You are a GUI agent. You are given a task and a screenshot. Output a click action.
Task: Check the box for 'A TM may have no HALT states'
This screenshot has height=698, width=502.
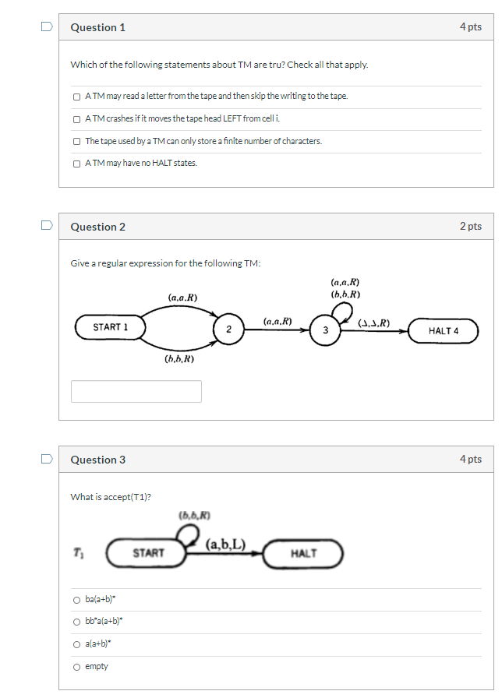[76, 164]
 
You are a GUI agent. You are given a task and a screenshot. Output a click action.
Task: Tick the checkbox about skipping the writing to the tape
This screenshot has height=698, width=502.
[76, 97]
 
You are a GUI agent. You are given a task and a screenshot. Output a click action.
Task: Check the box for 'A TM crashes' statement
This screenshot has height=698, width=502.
[76, 119]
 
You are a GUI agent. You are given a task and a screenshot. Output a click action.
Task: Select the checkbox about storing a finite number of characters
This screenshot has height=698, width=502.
[76, 142]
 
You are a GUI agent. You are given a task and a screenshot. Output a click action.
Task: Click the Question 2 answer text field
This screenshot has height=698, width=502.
[136, 391]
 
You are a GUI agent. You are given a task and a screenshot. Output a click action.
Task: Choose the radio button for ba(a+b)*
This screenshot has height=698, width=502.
[76, 600]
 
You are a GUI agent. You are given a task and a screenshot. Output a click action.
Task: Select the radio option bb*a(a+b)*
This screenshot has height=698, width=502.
[76, 622]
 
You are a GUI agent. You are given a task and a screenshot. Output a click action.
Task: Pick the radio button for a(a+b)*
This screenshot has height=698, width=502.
[76, 644]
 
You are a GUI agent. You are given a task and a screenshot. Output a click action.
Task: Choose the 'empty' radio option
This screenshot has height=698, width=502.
[76, 667]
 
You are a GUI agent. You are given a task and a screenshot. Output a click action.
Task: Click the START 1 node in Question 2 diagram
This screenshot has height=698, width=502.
[111, 327]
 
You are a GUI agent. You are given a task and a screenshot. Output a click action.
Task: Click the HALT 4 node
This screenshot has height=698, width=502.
[444, 330]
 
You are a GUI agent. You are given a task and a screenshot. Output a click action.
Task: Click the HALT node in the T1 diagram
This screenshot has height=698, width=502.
[303, 553]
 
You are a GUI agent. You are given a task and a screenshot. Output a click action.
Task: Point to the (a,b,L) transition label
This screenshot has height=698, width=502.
[227, 545]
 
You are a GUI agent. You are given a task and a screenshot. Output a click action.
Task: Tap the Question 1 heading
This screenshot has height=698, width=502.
[98, 27]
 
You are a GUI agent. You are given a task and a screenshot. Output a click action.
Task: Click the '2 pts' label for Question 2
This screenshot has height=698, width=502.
[470, 226]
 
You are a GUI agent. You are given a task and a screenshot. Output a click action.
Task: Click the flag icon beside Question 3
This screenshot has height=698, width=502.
[48, 459]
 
